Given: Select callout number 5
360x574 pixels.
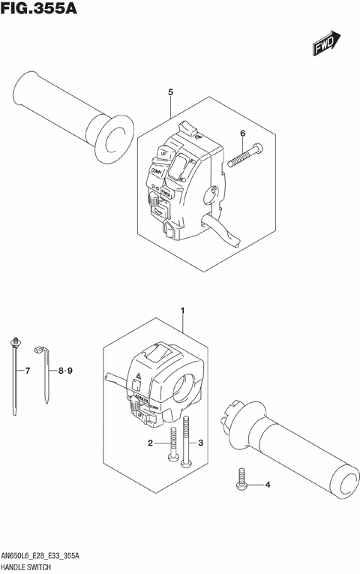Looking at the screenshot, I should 171,92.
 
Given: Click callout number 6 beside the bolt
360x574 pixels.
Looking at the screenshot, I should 242,134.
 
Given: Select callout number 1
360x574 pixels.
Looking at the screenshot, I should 182,309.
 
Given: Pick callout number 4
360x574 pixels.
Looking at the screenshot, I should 267,485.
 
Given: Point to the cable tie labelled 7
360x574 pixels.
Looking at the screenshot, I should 15,375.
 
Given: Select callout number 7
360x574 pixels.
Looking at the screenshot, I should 27,371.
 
